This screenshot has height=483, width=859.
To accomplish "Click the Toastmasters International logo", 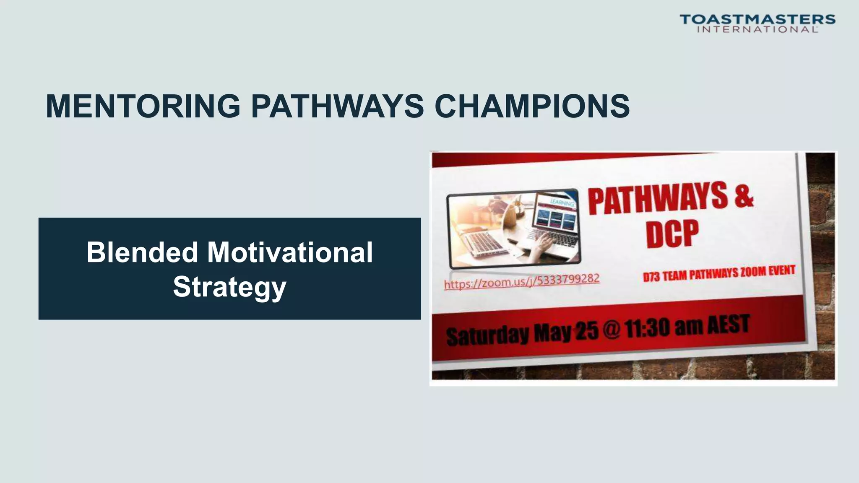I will click(757, 23).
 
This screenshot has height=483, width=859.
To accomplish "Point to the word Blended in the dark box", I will click(142, 252).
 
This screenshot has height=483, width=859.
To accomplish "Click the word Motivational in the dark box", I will click(290, 252).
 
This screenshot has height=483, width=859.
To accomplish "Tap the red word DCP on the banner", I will click(672, 234).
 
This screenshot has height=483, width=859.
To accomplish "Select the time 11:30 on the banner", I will click(647, 328).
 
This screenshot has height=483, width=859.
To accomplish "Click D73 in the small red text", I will click(652, 277).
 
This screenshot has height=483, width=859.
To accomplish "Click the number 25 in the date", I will click(586, 332).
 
